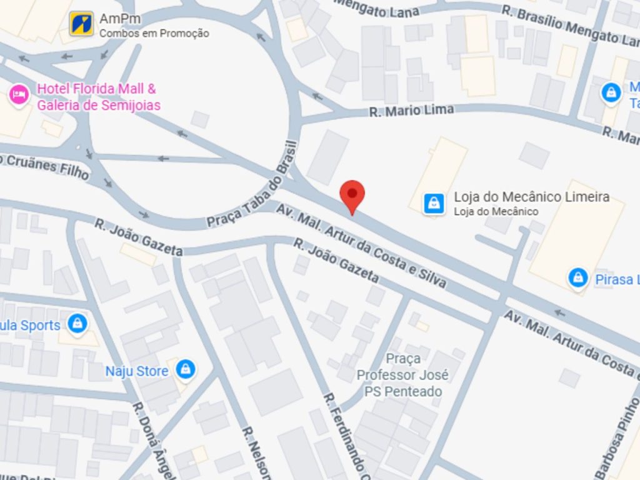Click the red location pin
[x=352, y=195]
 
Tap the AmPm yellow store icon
[x=81, y=23]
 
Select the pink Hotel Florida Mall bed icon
[x=19, y=96]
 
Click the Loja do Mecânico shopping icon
[x=434, y=202]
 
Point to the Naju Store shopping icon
[x=185, y=369]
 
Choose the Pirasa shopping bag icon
[x=578, y=278]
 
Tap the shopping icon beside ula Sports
[x=77, y=323]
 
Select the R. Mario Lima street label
[x=411, y=111]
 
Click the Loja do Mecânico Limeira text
[x=531, y=197]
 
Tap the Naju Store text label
[x=136, y=371]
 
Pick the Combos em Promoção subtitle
[x=154, y=34]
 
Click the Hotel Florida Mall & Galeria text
[x=97, y=97]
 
